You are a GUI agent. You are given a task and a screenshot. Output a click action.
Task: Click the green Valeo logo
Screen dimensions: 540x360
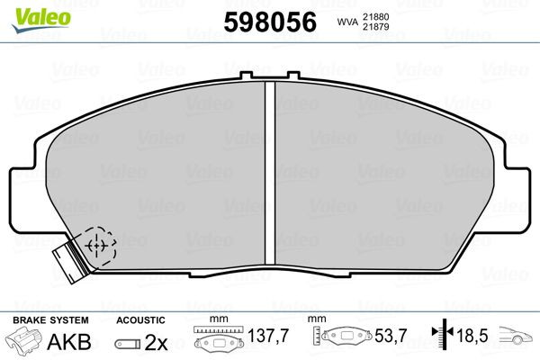pyautogui.click(x=41, y=20)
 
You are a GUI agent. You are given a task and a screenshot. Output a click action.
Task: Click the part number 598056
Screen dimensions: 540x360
pyautogui.click(x=270, y=22)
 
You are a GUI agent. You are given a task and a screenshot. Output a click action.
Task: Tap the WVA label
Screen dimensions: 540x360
pyautogui.click(x=347, y=22)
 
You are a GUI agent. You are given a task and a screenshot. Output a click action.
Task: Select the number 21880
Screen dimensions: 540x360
pyautogui.click(x=375, y=17)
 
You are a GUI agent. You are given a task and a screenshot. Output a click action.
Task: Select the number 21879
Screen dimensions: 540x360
pyautogui.click(x=375, y=27)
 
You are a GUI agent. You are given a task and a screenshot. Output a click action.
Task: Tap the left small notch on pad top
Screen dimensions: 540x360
pyautogui.click(x=247, y=76)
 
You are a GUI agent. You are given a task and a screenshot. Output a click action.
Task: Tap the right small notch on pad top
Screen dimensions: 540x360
pyautogui.click(x=293, y=76)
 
